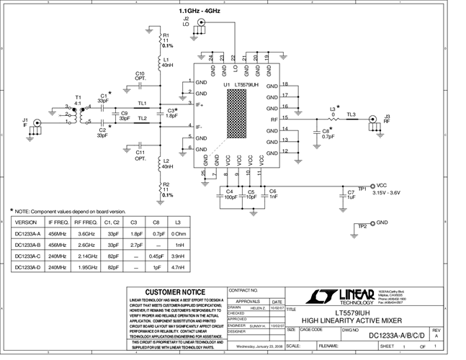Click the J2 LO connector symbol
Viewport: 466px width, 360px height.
coord(202,23)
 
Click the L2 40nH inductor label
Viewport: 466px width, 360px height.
coord(167,163)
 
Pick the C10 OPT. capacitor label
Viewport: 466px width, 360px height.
coord(140,76)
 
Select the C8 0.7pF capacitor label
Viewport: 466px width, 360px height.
coord(328,133)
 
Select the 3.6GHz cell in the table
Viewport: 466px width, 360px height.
coord(86,233)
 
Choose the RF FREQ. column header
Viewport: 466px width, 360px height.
coord(86,222)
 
